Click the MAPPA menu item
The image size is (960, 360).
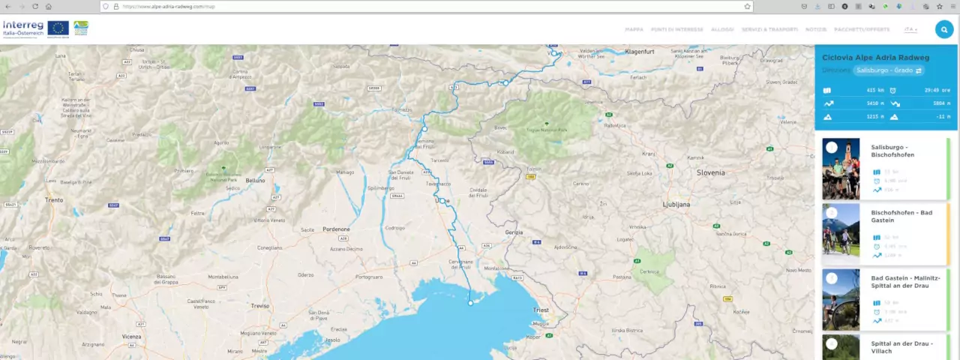point(634,29)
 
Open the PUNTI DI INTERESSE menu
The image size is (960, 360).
point(677,29)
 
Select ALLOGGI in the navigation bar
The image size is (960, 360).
point(722,29)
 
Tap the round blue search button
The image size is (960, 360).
point(943,29)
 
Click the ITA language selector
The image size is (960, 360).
point(910,29)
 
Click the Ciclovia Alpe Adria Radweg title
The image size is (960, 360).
point(875,58)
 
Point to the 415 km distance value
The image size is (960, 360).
point(874,90)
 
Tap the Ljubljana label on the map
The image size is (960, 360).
point(675,203)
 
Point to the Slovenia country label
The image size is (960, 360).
point(710,172)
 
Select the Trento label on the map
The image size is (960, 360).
point(54,200)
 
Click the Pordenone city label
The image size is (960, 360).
point(336,229)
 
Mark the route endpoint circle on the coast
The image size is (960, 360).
point(471,303)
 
